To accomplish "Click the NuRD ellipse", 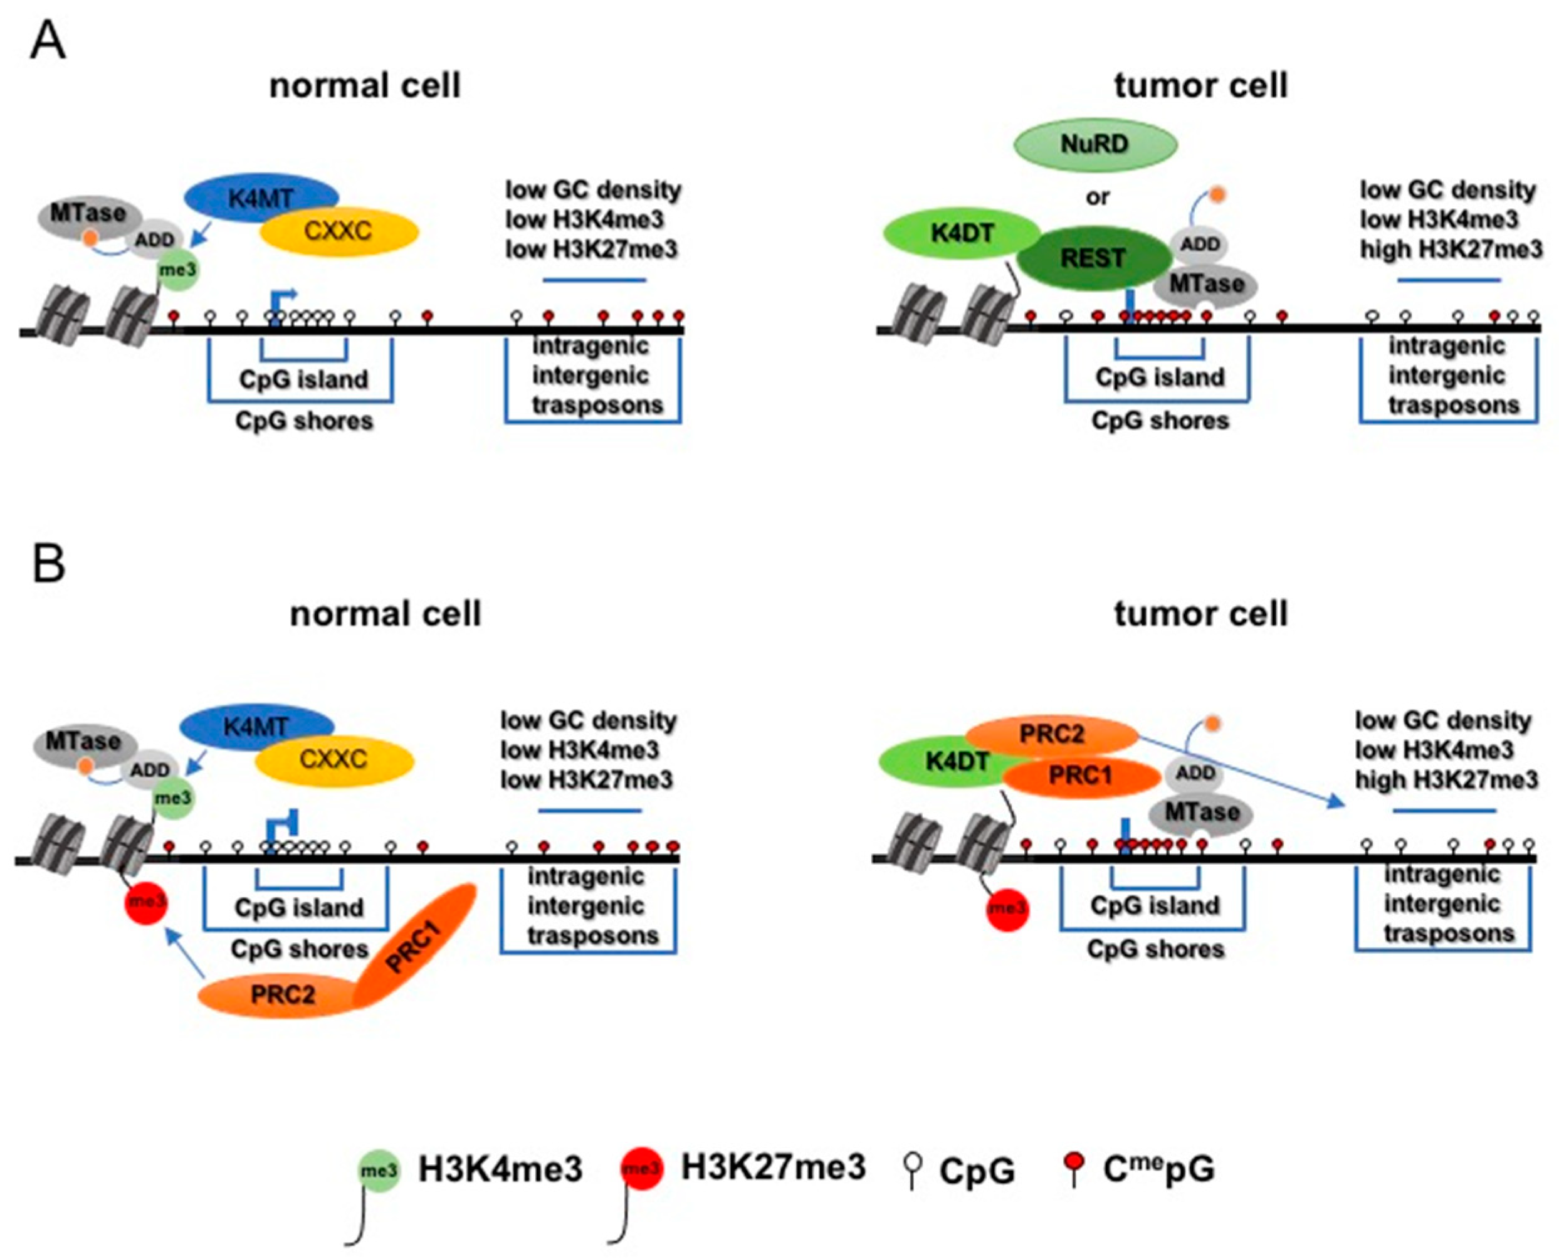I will tap(1094, 144).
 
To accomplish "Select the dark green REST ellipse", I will tap(1093, 258).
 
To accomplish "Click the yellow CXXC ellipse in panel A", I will tap(339, 231).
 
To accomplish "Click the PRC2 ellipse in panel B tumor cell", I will tap(1051, 735).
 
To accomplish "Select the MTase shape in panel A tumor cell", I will tap(1206, 284).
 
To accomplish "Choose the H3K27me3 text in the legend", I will tap(773, 1167).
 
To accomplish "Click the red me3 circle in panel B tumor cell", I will tap(1007, 908).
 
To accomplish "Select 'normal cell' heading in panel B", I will tap(385, 614).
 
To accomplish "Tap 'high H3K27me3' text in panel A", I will tap(1450, 249).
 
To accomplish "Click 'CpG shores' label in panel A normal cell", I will tap(304, 421).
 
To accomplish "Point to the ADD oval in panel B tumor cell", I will tap(1195, 773).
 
